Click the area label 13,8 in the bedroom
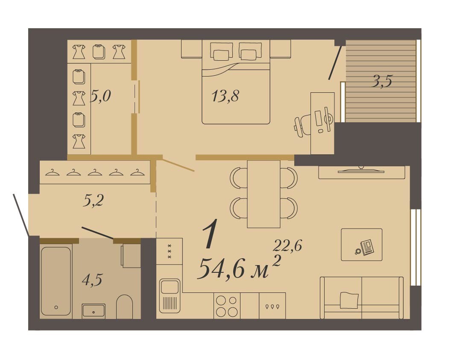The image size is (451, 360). click(x=225, y=96)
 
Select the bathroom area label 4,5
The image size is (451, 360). click(x=92, y=280)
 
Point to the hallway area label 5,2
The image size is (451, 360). click(x=93, y=201)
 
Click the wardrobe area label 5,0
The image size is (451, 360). click(x=101, y=96)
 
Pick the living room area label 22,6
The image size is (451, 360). click(x=287, y=245)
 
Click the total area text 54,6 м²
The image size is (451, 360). click(x=239, y=267)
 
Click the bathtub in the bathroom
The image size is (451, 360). click(x=56, y=281)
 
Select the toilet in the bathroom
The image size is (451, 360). click(x=124, y=307)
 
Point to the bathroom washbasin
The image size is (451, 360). click(x=94, y=311)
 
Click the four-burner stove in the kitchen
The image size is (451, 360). click(x=227, y=306)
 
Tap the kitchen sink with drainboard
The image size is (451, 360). click(x=170, y=295)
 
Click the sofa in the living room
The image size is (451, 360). click(x=362, y=298)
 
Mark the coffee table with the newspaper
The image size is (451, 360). click(x=362, y=245)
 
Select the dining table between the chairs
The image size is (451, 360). click(x=264, y=194)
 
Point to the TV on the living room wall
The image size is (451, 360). click(x=361, y=170)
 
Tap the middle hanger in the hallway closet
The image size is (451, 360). click(x=95, y=172)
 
